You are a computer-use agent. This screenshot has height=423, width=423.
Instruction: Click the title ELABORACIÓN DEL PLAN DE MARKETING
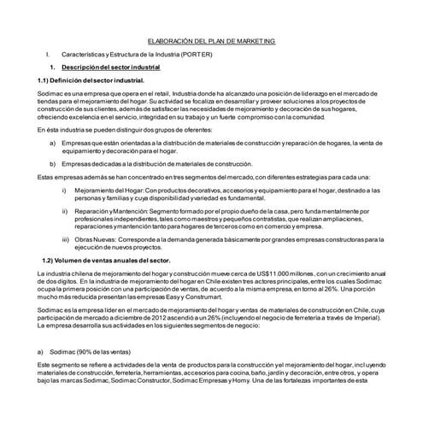pyautogui.click(x=211, y=41)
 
